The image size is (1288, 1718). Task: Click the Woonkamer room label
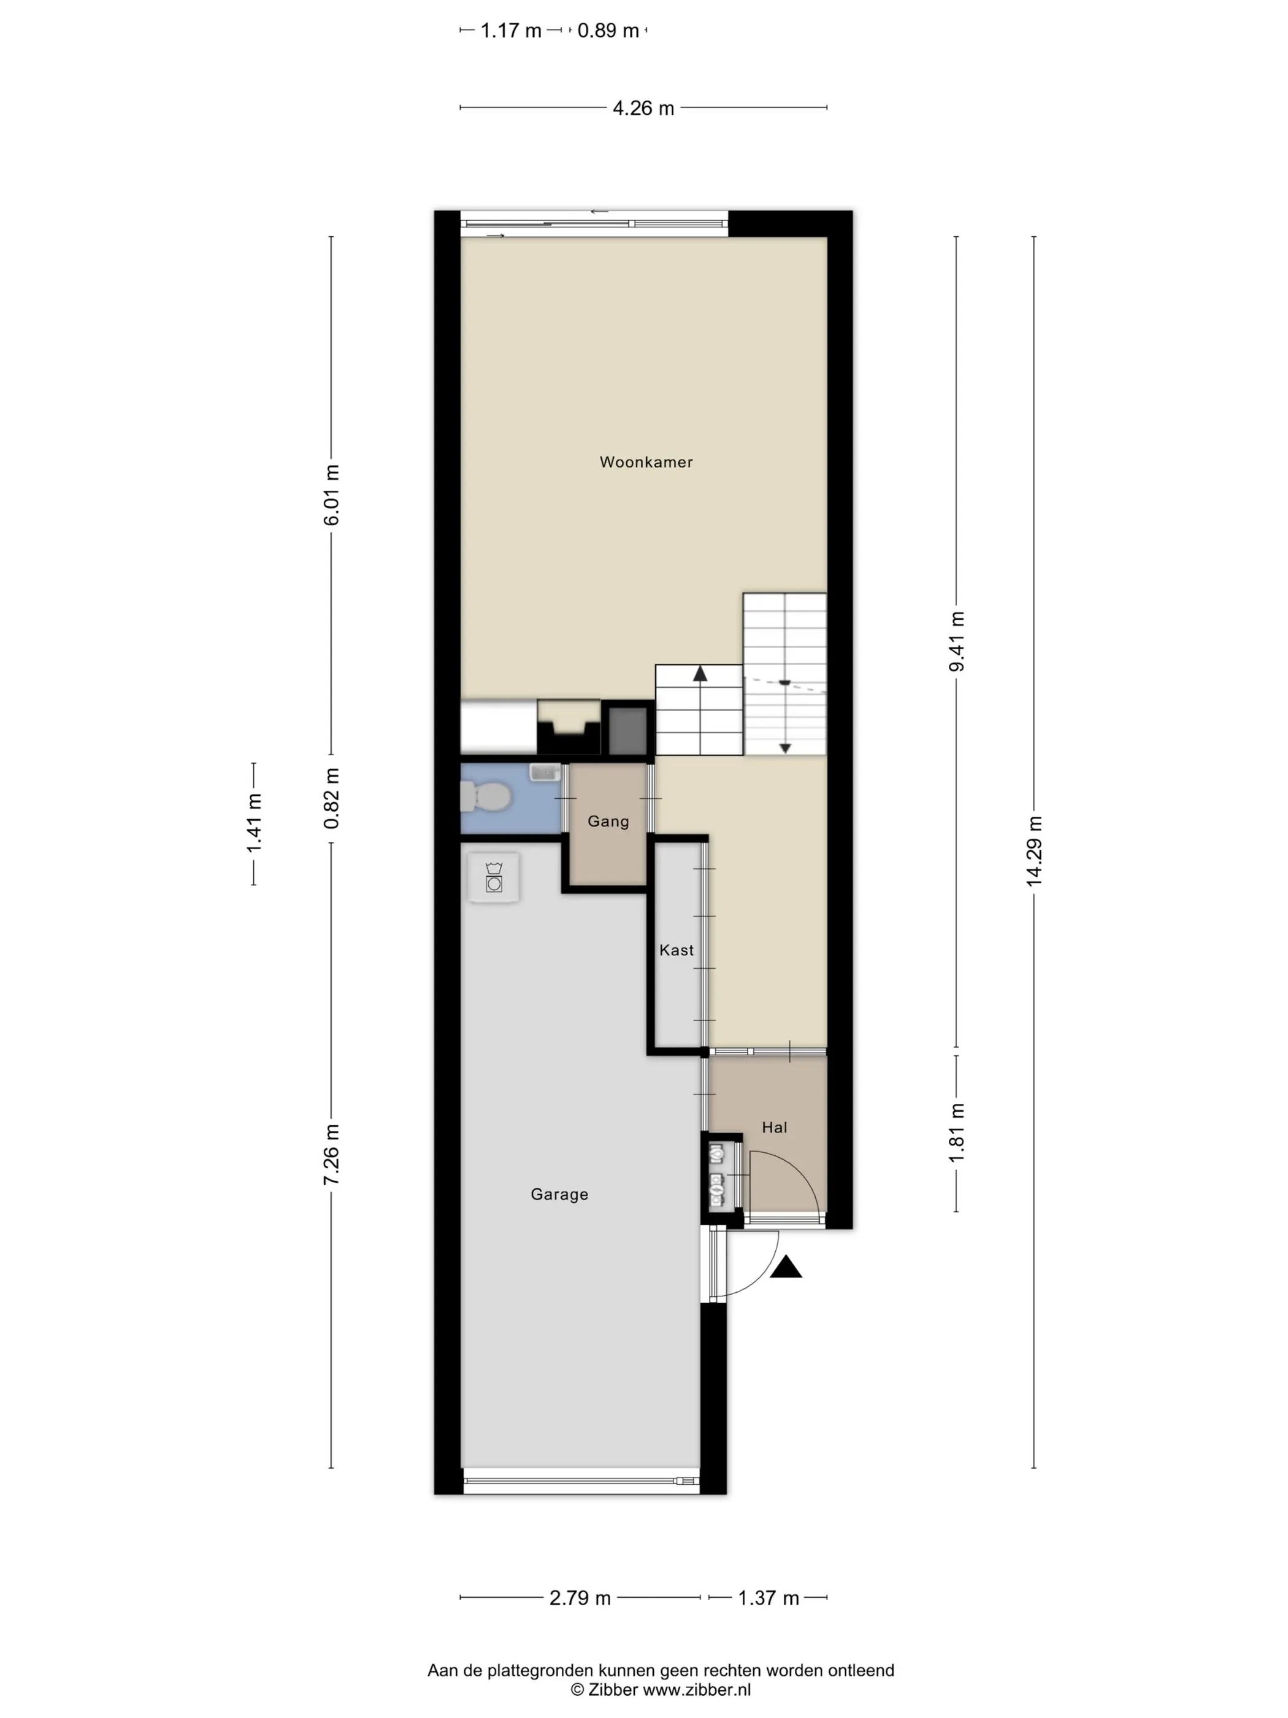[x=646, y=462]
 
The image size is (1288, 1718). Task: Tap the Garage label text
[x=559, y=1195]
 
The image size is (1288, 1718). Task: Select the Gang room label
[x=608, y=822]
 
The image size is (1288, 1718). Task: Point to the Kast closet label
[x=677, y=950]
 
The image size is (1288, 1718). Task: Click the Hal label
[x=774, y=1128]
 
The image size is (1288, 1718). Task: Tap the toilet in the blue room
[x=485, y=796]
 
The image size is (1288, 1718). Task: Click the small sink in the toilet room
[x=545, y=772]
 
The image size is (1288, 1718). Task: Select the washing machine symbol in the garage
[x=494, y=877]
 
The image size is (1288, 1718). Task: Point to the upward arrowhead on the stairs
[x=700, y=673]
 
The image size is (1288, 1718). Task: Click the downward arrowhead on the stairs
[x=785, y=748]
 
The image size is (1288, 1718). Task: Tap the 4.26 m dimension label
[x=643, y=108]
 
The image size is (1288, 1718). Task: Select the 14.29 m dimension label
[x=1034, y=851]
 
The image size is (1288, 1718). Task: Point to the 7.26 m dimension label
[x=332, y=1154]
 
